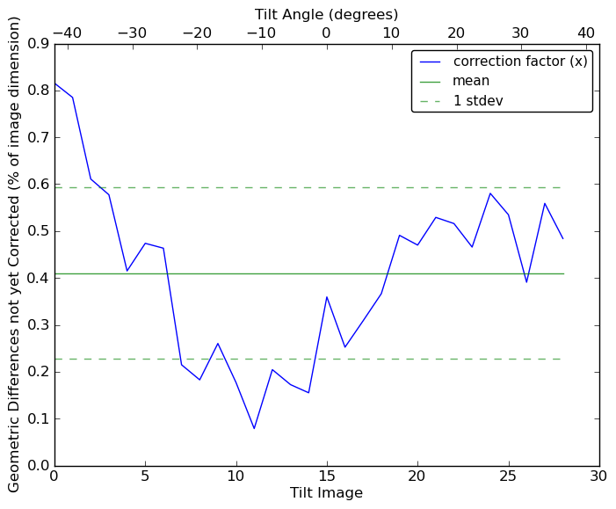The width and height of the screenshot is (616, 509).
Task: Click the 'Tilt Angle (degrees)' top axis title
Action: [x=326, y=14]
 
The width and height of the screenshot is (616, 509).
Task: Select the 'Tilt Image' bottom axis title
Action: [x=326, y=493]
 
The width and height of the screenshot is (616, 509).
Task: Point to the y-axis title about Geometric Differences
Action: [x=14, y=254]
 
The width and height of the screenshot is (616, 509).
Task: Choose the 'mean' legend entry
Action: [x=471, y=81]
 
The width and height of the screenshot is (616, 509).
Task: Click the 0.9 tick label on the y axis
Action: [x=38, y=44]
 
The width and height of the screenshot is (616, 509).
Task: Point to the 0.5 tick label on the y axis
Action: [x=38, y=231]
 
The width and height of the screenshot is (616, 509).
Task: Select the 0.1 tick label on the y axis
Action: [x=38, y=419]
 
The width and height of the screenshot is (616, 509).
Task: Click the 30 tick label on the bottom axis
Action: [x=599, y=476]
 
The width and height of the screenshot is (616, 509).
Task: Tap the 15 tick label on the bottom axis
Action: [x=327, y=476]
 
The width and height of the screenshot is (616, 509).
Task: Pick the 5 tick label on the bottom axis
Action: [x=145, y=476]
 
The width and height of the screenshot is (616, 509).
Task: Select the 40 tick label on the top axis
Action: [x=586, y=33]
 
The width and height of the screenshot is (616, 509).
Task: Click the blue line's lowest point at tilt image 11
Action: [x=254, y=428]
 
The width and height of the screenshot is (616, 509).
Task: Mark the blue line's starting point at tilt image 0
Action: [x=54, y=84]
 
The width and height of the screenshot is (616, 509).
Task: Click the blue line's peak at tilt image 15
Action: [x=327, y=296]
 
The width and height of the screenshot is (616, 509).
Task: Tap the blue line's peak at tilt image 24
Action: [x=490, y=193]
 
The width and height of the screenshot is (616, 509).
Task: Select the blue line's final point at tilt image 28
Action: [x=563, y=238]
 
